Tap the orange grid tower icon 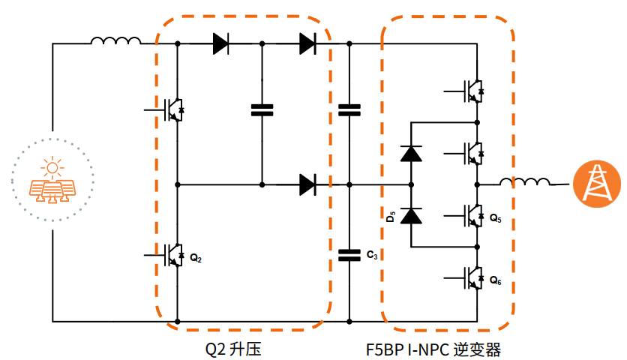597,182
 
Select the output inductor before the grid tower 525,182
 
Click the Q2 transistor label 195,259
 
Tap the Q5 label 495,218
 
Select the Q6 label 495,280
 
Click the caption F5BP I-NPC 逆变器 434,349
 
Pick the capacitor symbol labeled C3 349,256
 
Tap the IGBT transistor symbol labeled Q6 473,277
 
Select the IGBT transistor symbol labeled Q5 473,215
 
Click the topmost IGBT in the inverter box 473,91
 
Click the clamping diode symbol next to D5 411,216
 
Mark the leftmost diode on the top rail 220,43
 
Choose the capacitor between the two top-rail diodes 262,109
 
